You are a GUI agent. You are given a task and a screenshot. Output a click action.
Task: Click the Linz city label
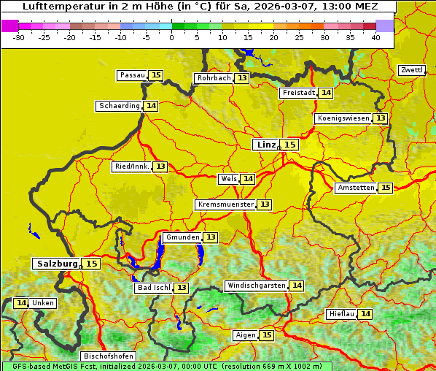coord(265,145)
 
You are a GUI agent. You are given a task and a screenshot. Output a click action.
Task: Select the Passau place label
coord(132,75)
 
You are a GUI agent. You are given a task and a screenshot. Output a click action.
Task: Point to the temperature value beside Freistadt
coord(326,93)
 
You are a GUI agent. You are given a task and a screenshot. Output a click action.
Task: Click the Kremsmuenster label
coord(225,204)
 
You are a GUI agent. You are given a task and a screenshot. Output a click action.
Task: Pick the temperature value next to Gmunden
coord(210,237)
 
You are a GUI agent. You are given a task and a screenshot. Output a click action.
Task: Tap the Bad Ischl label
coord(153,288)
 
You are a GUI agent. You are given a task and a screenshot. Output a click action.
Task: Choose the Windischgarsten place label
coord(255,286)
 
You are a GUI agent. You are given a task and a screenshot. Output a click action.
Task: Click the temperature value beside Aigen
coord(267,335)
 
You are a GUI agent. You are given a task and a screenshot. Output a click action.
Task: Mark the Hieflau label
coord(341,314)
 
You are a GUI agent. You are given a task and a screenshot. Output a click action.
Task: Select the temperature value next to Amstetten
coord(386,188)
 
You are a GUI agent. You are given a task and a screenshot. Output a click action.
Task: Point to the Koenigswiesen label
coord(343,118)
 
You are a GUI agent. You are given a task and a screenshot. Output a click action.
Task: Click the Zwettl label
coord(411,70)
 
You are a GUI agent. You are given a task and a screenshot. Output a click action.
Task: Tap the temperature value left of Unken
coord(21,303)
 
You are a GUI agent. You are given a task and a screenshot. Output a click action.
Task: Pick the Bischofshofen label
coord(108,356)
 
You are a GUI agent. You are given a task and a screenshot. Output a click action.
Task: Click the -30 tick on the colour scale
coord(19,37)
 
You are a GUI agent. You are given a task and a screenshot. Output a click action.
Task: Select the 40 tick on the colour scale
coord(375,37)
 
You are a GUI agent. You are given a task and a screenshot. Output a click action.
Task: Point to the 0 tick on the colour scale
coord(172,37)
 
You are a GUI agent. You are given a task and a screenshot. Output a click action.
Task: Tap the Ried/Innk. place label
coord(131,167)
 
